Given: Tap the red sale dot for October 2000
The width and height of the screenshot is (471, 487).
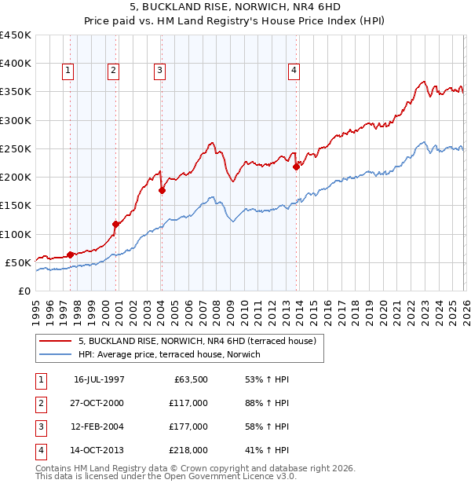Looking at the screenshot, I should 115,224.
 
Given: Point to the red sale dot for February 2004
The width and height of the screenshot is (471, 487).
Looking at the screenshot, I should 162,190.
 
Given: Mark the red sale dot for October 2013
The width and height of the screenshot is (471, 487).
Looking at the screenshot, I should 296,167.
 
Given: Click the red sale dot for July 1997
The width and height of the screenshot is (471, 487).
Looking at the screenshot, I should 70,254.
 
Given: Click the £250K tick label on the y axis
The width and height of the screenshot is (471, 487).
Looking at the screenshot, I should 16,148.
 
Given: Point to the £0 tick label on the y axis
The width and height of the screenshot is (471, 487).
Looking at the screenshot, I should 24,291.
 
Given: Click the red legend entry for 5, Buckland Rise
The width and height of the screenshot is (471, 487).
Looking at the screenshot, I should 196,342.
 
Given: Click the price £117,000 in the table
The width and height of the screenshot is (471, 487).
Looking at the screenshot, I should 188,403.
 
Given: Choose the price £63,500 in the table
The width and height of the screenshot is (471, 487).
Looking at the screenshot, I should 191,379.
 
